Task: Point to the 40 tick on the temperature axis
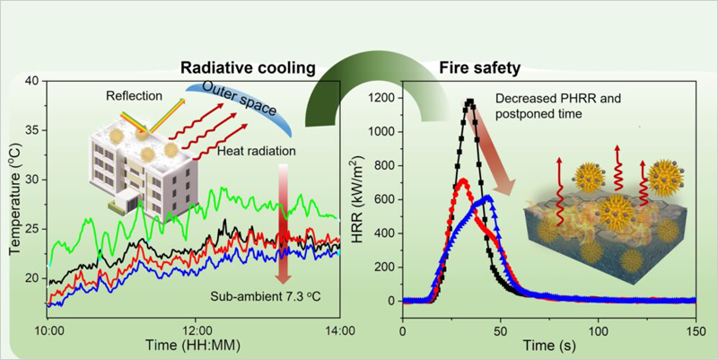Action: [x=31, y=81]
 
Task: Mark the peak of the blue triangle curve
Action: [x=486, y=197]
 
